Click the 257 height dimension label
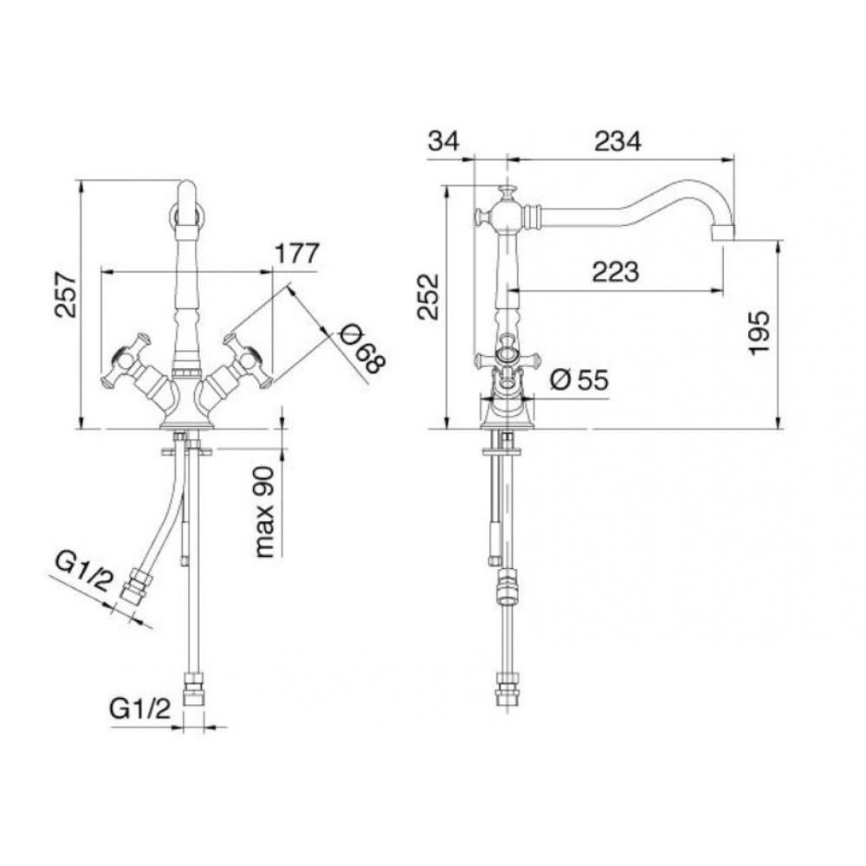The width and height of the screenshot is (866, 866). tap(66, 294)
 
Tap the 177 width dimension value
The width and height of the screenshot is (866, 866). tap(297, 254)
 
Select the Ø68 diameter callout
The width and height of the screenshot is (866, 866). tap(360, 349)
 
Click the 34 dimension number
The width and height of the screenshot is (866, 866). tap(443, 141)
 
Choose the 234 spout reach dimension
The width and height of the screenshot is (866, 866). tap(617, 141)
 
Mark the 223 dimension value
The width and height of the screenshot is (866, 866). tap(615, 272)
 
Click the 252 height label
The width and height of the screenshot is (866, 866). tap(428, 296)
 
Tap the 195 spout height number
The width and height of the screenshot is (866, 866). tap(759, 333)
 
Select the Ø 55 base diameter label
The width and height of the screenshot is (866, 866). tap(579, 380)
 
